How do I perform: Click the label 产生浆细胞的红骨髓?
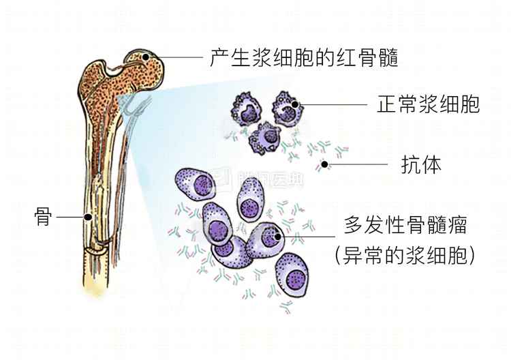tap(304, 57)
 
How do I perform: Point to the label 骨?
tap(43, 217)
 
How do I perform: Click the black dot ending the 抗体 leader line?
tap(326, 164)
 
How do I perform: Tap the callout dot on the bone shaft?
tap(88, 217)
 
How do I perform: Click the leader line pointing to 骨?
tap(71, 217)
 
